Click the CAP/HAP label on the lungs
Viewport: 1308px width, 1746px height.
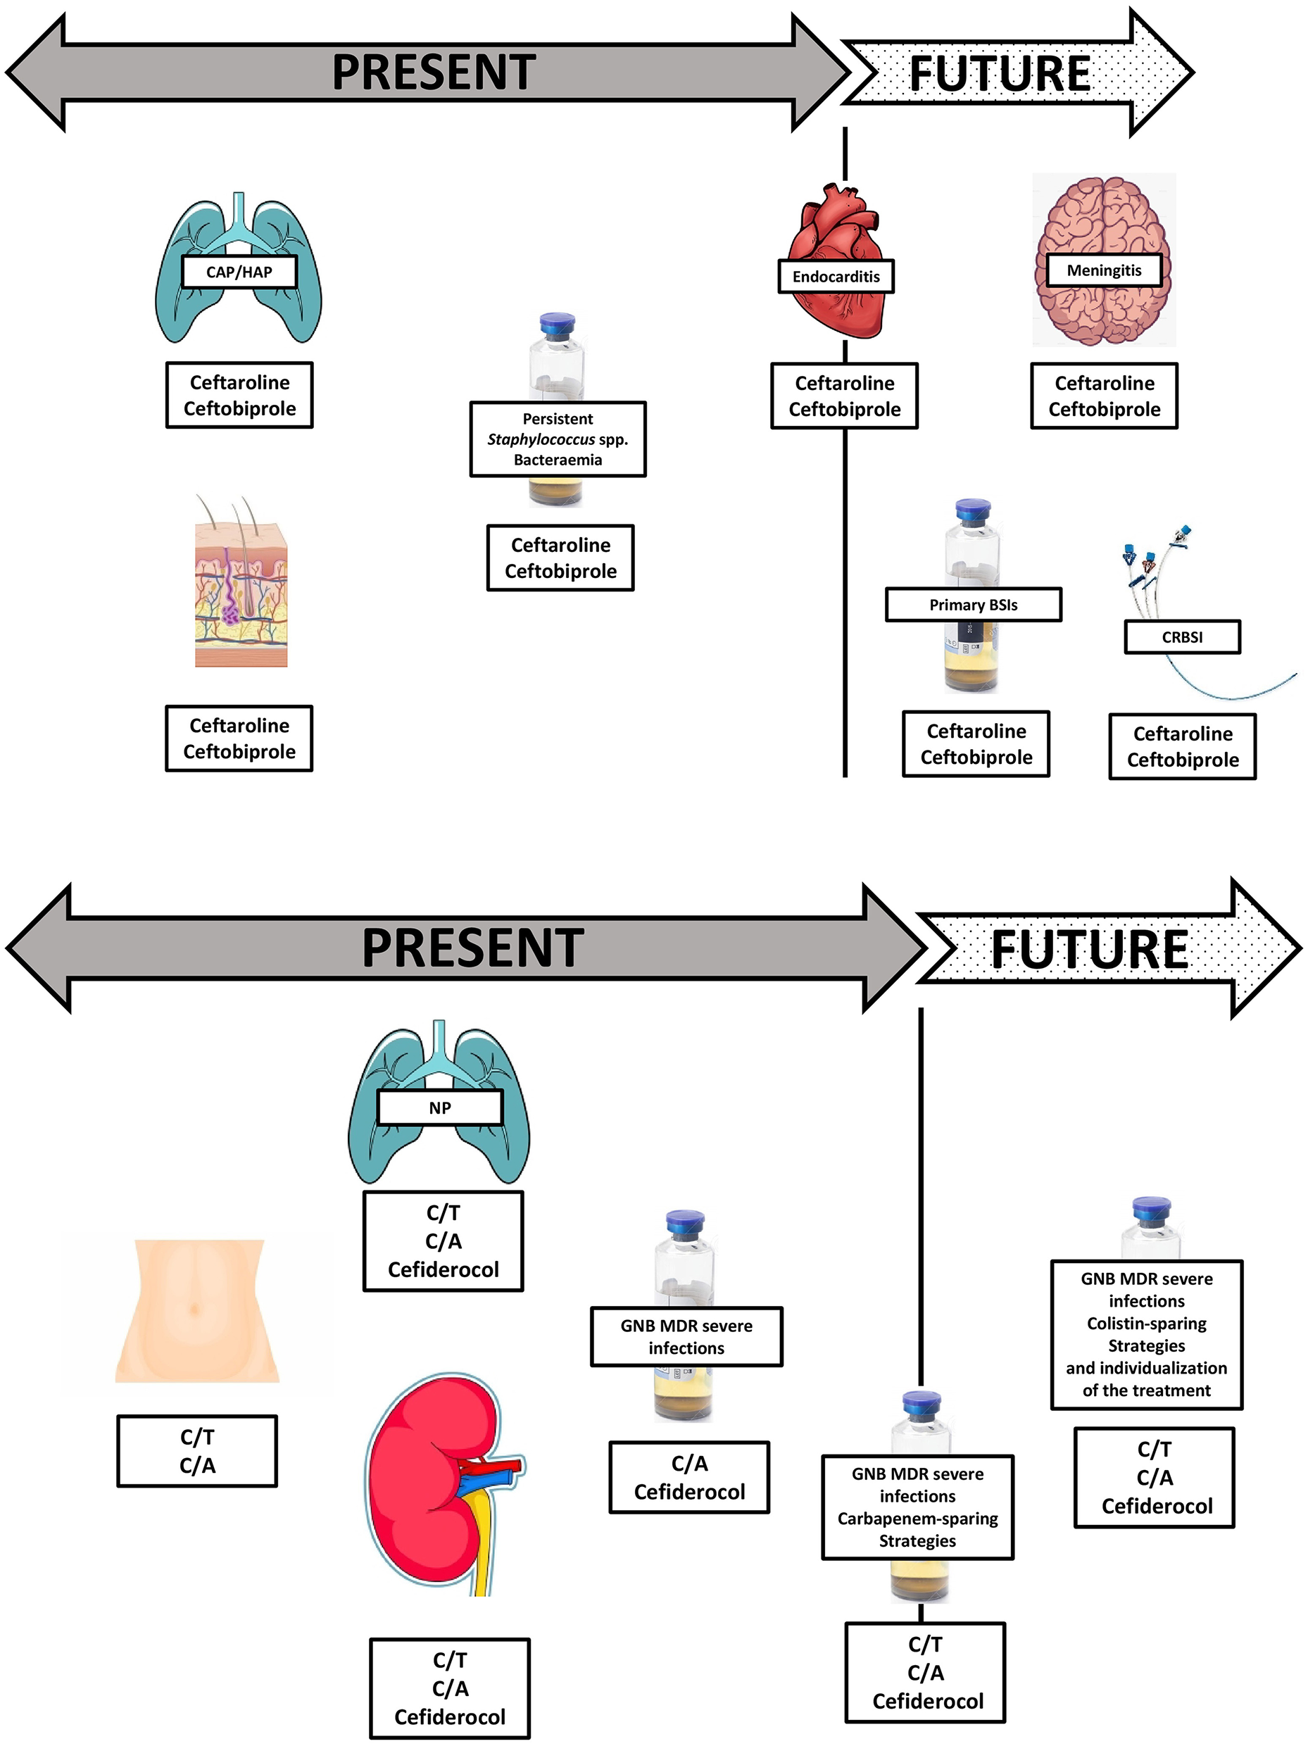pyautogui.click(x=239, y=272)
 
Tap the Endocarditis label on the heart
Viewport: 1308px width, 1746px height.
pyautogui.click(x=835, y=276)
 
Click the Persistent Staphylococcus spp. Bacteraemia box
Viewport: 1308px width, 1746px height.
pyautogui.click(x=558, y=439)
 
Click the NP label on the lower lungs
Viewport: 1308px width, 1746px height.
pyautogui.click(x=440, y=1107)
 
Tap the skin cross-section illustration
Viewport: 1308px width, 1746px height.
pyautogui.click(x=241, y=592)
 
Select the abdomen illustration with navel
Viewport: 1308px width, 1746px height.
pyautogui.click(x=196, y=1310)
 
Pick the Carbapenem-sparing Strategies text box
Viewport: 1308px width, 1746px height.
pyautogui.click(x=917, y=1507)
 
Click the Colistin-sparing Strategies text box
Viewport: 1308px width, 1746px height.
pyautogui.click(x=1145, y=1334)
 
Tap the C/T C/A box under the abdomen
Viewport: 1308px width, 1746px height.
pyautogui.click(x=196, y=1451)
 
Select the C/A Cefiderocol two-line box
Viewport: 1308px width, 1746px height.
pyautogui.click(x=688, y=1478)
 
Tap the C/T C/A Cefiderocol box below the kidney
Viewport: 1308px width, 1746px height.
pyautogui.click(x=449, y=1688)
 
